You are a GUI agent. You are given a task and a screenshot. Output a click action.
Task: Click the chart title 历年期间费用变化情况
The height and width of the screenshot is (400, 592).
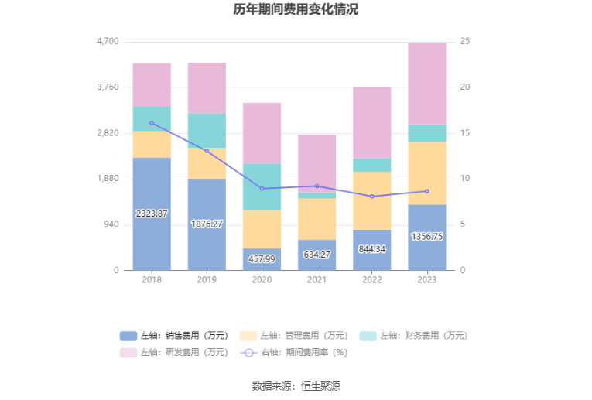296,9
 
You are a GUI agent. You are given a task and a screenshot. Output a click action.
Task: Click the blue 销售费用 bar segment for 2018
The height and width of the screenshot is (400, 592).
152,214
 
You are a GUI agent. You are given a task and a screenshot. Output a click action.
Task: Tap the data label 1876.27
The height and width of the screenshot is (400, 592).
207,224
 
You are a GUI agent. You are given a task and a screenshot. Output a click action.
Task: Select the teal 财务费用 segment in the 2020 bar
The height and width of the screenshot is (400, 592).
262,186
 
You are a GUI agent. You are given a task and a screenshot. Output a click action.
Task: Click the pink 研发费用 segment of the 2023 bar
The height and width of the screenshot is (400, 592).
427,84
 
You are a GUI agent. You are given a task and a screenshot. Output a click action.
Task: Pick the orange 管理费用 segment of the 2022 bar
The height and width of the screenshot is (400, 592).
372,200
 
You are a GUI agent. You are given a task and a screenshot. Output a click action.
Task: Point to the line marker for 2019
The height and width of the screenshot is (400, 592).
207,151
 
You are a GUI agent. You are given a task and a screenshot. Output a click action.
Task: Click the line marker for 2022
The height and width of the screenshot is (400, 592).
372,197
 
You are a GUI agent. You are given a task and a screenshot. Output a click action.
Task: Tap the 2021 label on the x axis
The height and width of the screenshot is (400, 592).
317,279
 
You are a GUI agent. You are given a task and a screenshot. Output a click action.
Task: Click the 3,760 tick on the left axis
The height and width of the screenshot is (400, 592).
108,87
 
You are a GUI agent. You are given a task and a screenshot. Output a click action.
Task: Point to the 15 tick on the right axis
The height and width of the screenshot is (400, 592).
465,133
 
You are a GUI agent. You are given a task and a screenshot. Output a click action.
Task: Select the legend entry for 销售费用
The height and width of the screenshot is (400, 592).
174,336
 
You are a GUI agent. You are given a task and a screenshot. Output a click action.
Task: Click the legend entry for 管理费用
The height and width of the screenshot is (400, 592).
294,336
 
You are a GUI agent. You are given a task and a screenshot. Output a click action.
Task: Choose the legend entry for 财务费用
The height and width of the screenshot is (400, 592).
413,336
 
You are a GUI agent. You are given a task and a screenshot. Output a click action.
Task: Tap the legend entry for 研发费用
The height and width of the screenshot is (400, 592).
174,353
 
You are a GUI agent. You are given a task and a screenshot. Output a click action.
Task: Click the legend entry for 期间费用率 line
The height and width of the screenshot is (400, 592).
294,353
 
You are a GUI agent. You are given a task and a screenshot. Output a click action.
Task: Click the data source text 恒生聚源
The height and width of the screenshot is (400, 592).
320,386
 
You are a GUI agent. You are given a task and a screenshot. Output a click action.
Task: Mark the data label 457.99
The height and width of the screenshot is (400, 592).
262,259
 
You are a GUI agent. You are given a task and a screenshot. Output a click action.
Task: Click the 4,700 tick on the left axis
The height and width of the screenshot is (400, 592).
108,41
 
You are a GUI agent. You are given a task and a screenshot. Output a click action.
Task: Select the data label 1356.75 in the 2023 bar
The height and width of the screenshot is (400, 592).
427,237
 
